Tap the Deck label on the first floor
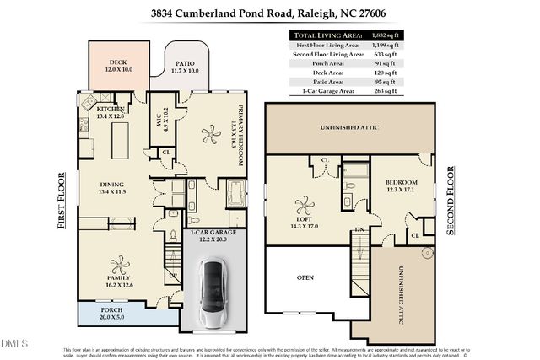point(117,66)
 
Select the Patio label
point(185,67)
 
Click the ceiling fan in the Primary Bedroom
point(207,132)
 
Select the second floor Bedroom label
point(401,186)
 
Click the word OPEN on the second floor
point(305,277)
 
